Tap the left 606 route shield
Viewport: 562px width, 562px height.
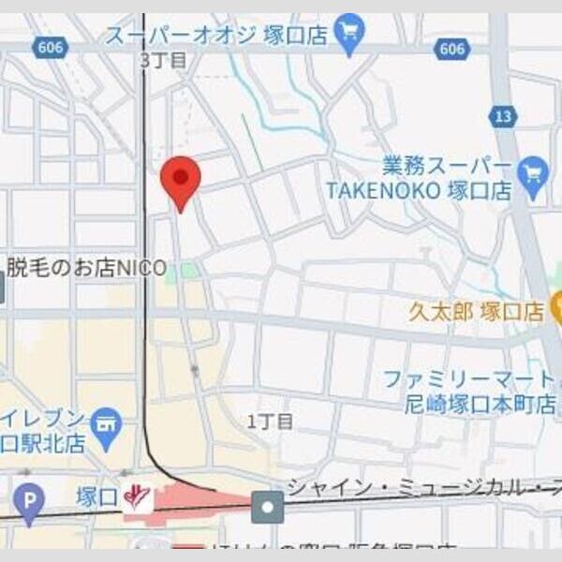50,48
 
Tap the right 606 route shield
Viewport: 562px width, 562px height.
452,48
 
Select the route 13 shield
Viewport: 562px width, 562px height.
503,115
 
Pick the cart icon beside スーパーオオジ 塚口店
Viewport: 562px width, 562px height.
349,35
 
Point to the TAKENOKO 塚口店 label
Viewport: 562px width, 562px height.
419,190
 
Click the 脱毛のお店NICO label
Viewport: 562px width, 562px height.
86,268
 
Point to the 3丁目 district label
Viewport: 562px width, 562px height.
163,61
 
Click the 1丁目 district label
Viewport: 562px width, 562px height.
271,421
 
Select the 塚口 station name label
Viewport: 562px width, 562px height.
97,495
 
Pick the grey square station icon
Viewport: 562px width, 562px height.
267,507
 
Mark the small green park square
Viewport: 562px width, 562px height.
190,271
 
